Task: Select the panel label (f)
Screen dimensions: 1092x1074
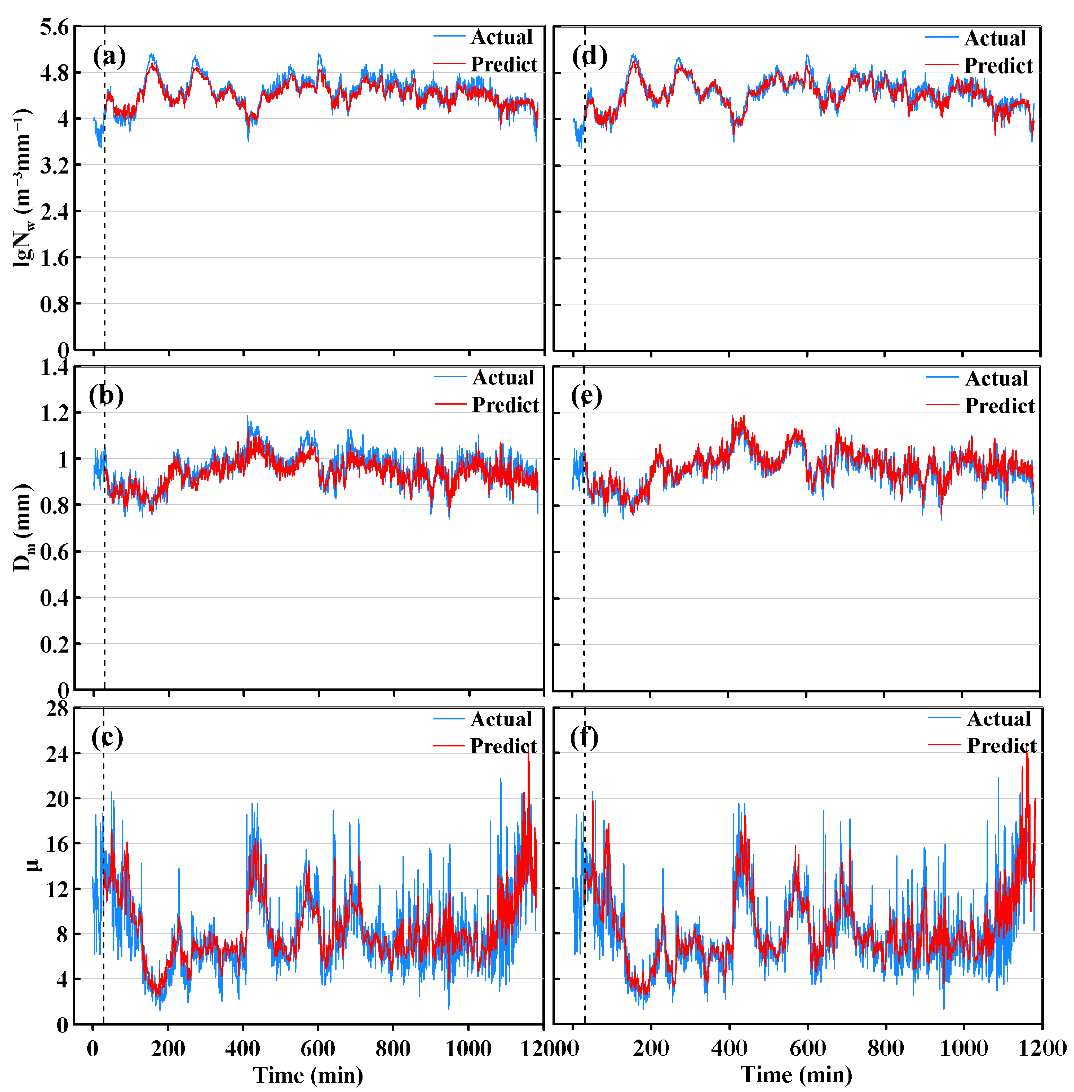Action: (584, 737)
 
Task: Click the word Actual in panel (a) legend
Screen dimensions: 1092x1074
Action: (501, 37)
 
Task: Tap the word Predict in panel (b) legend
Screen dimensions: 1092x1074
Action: (505, 405)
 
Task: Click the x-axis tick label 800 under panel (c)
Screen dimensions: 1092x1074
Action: (393, 1049)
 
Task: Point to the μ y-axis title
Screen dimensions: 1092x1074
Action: (33, 864)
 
